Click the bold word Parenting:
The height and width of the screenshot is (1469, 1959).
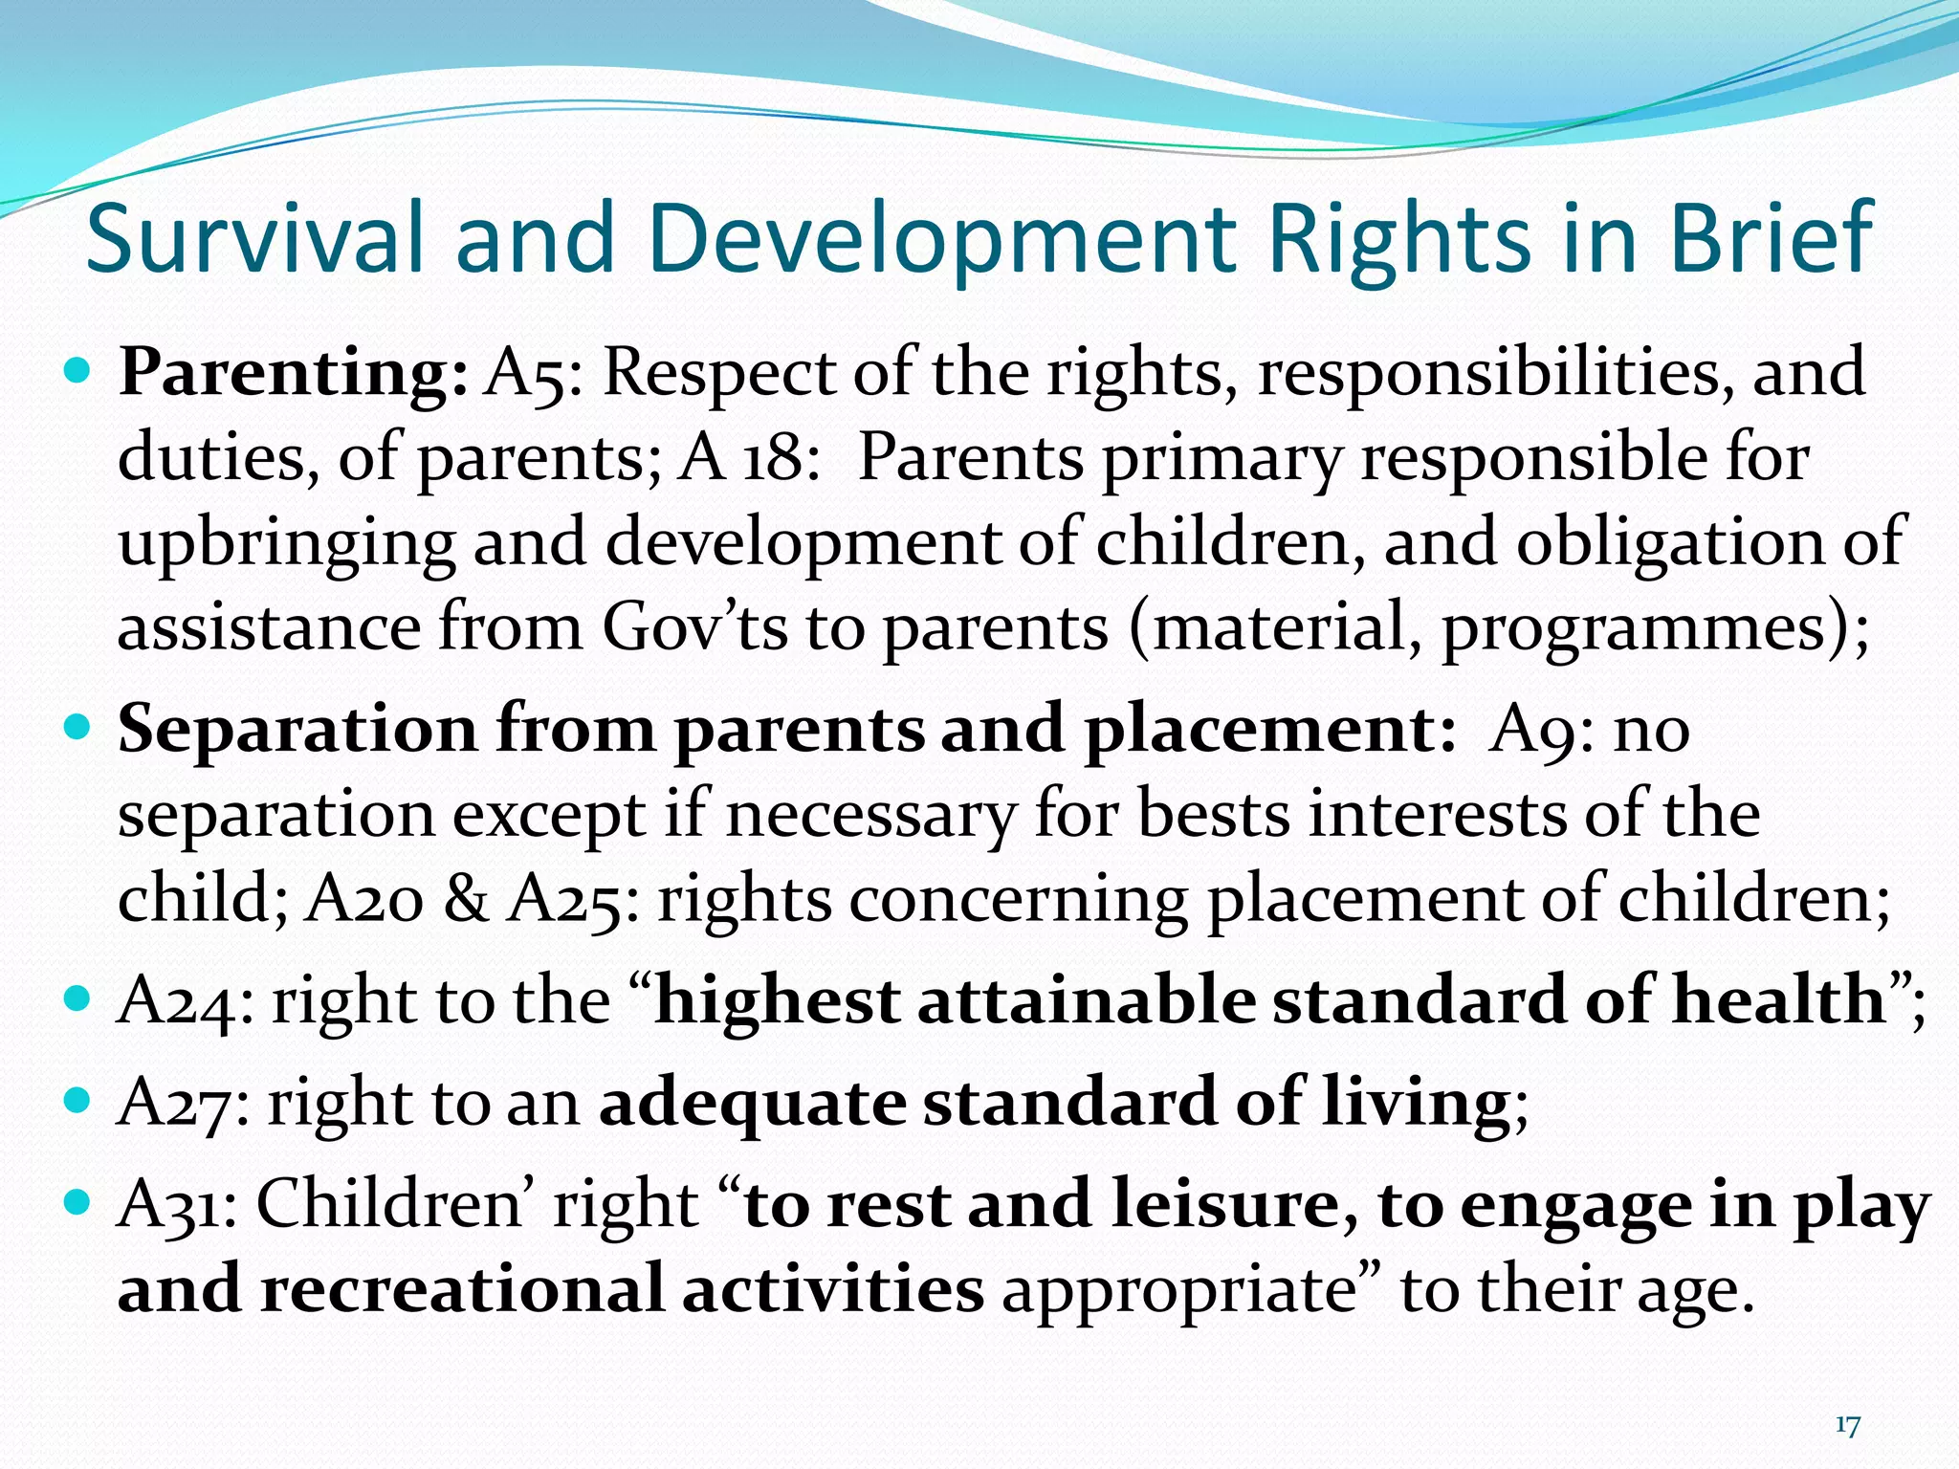293,373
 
